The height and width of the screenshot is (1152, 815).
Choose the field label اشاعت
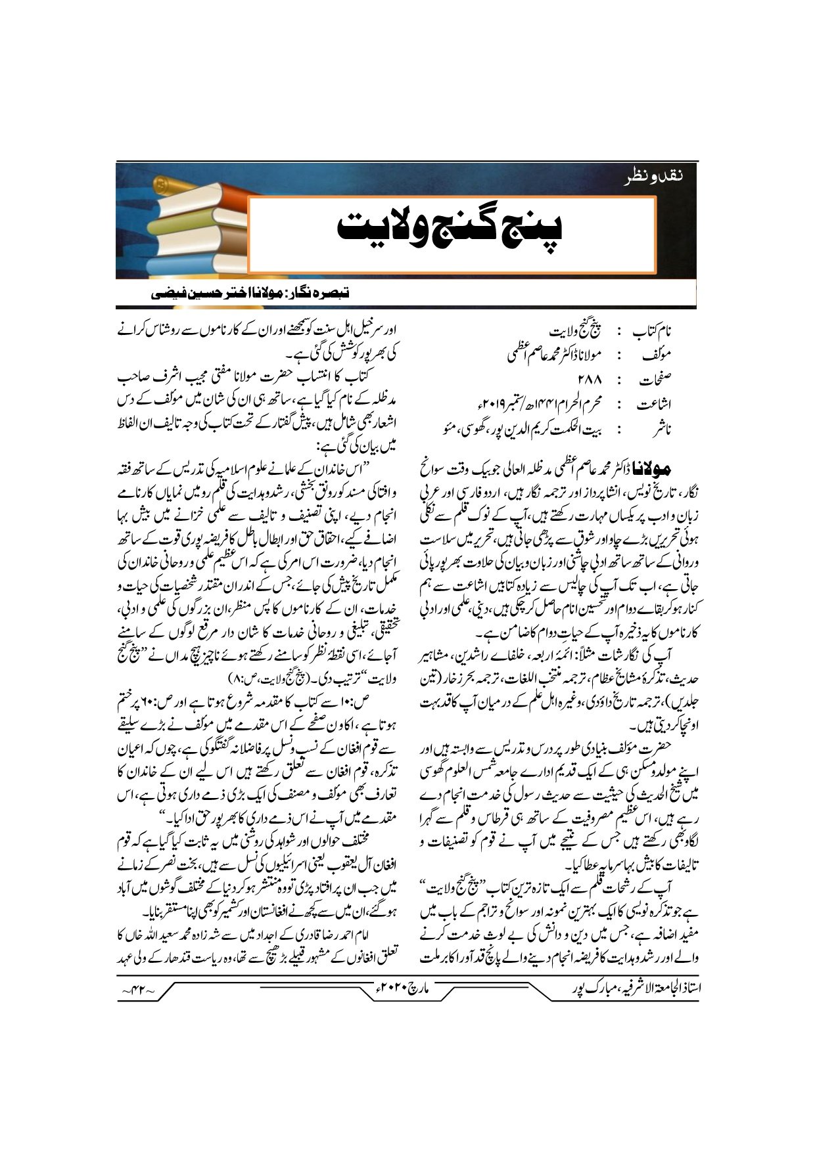pyautogui.click(x=654, y=405)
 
